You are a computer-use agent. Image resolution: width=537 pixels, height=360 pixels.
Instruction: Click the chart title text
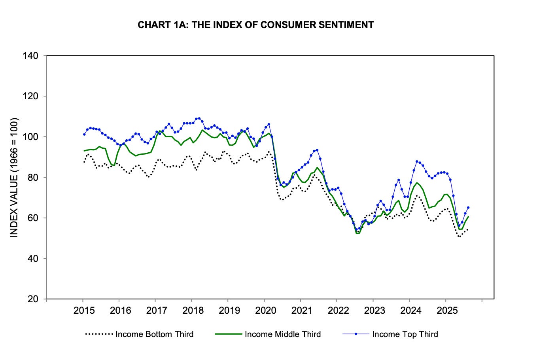point(255,25)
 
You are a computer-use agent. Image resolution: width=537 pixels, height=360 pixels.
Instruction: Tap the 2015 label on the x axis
point(84,310)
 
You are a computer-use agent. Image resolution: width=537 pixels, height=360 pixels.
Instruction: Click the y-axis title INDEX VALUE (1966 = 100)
point(14,177)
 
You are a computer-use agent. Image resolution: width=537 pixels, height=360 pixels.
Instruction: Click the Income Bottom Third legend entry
point(154,334)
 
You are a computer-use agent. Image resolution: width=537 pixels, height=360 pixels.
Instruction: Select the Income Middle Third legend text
point(282,334)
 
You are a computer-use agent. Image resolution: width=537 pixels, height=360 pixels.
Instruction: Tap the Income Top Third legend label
point(405,334)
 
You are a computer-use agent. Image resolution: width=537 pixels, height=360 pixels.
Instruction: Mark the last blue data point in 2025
point(468,207)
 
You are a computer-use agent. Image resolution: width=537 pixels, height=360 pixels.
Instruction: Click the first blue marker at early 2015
point(84,134)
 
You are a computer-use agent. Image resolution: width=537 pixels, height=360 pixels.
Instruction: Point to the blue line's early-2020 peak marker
point(269,124)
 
